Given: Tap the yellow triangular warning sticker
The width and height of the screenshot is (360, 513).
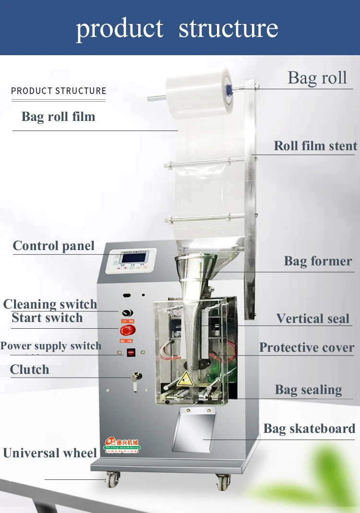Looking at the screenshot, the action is [183, 382].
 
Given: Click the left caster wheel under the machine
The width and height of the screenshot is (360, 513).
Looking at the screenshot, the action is [112, 479].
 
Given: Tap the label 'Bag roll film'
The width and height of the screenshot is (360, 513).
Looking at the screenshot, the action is [58, 117].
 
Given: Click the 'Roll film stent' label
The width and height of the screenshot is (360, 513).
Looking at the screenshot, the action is [315, 146].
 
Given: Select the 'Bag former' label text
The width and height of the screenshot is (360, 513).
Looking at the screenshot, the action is [318, 261].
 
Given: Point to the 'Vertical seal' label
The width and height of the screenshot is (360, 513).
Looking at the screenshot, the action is [313, 319].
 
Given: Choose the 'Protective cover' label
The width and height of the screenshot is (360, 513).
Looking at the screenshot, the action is [307, 347].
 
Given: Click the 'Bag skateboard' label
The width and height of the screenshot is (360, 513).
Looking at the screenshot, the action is [309, 429].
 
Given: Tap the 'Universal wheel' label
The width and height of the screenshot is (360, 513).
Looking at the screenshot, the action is [50, 453].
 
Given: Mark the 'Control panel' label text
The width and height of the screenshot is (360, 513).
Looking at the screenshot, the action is [54, 246].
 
